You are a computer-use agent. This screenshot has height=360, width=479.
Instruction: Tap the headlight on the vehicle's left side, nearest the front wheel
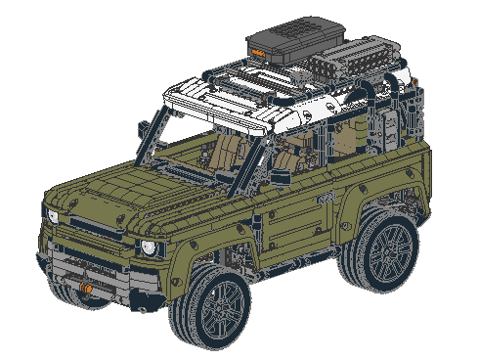pyautogui.click(x=149, y=247)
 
